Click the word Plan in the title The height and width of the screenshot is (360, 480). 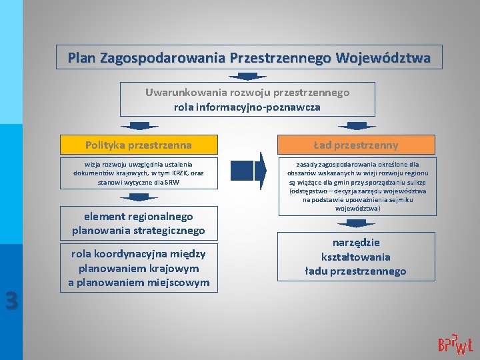(81, 58)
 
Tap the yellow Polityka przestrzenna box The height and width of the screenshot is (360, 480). (139, 145)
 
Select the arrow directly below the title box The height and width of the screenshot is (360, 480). (247, 77)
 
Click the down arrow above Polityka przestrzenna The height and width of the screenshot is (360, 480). (139, 126)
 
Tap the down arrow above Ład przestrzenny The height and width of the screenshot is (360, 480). (357, 126)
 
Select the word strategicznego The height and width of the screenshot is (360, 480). (167, 231)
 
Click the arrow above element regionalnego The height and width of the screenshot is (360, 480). (139, 197)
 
